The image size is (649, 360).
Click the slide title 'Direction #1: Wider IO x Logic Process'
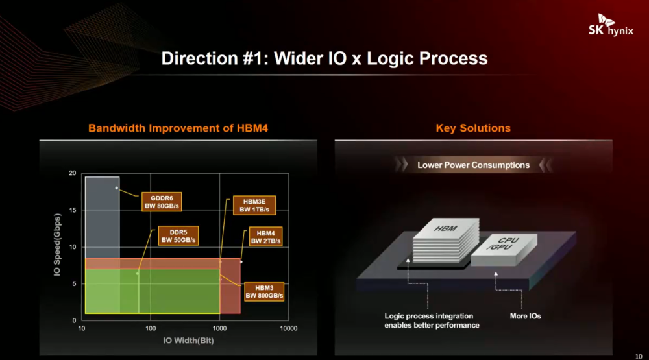[324, 58]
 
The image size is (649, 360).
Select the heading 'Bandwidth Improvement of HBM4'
[178, 128]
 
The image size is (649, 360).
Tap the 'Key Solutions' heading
[473, 128]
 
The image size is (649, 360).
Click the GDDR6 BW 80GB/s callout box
[162, 201]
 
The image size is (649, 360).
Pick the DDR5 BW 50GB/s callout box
[178, 235]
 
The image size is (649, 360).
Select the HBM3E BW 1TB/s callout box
[253, 206]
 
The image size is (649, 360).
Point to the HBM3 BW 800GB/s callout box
[264, 291]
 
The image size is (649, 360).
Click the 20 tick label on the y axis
[73, 173]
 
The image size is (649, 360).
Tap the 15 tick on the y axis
[73, 210]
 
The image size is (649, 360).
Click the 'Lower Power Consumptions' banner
[473, 165]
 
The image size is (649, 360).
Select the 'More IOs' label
[525, 316]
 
